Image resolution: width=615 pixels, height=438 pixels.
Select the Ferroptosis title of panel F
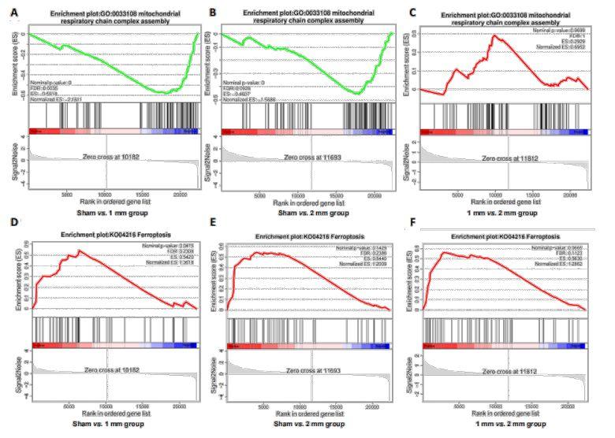pos(506,237)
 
